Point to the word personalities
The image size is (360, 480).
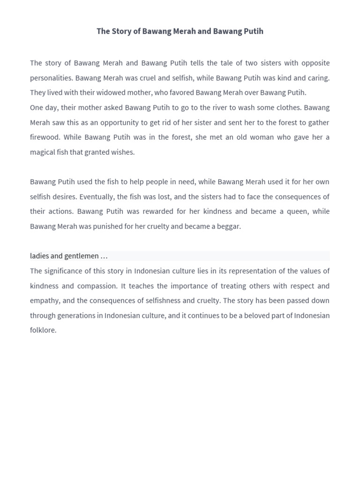point(51,78)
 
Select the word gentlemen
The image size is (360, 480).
point(82,256)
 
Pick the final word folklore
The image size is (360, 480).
point(43,330)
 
